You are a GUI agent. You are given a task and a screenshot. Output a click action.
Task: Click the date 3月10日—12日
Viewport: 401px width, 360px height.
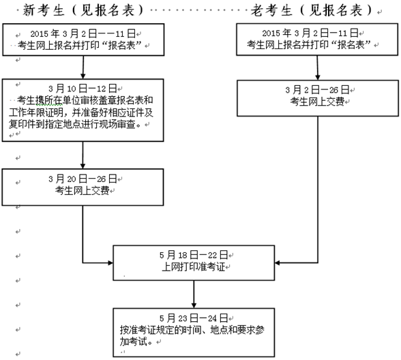pyautogui.click(x=83, y=89)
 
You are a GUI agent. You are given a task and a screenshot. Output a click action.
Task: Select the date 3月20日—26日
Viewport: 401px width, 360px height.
pyautogui.click(x=83, y=179)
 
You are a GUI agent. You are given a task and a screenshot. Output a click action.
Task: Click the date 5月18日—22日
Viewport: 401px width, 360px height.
pyautogui.click(x=192, y=255)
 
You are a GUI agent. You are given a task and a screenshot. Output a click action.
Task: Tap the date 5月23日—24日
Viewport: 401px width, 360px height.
pyautogui.click(x=193, y=318)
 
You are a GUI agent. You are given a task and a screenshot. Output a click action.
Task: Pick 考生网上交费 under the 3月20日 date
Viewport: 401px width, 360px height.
pyautogui.click(x=81, y=190)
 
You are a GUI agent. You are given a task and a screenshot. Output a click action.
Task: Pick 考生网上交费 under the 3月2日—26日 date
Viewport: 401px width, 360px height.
pyautogui.click(x=316, y=101)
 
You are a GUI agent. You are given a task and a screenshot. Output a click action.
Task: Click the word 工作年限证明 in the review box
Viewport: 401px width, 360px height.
pyautogui.click(x=42, y=112)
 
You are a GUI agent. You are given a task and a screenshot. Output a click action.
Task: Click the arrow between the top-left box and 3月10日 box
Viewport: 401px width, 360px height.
pyautogui.click(x=83, y=66)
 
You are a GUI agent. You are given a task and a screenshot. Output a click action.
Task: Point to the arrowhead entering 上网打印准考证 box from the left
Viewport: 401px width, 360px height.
pyautogui.click(x=108, y=262)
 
